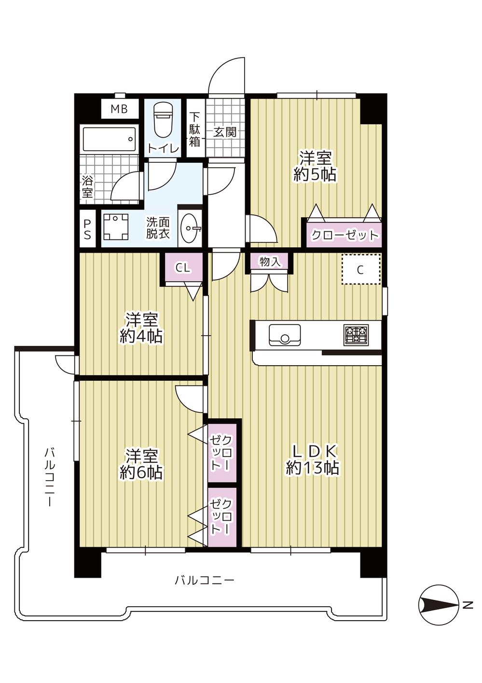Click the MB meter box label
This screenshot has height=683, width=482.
(x=119, y=109)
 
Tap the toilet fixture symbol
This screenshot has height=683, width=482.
(x=163, y=121)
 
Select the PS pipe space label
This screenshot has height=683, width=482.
(x=87, y=230)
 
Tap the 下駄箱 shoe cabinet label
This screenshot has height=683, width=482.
(x=194, y=129)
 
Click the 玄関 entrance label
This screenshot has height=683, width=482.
(x=225, y=131)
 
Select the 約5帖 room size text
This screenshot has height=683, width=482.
(x=315, y=174)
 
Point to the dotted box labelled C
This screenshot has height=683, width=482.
(x=360, y=270)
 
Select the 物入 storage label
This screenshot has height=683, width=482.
(x=270, y=262)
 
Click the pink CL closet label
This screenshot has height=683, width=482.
(x=182, y=268)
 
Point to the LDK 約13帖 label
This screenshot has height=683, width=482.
(x=313, y=459)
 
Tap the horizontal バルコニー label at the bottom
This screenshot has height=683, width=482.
(x=205, y=580)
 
